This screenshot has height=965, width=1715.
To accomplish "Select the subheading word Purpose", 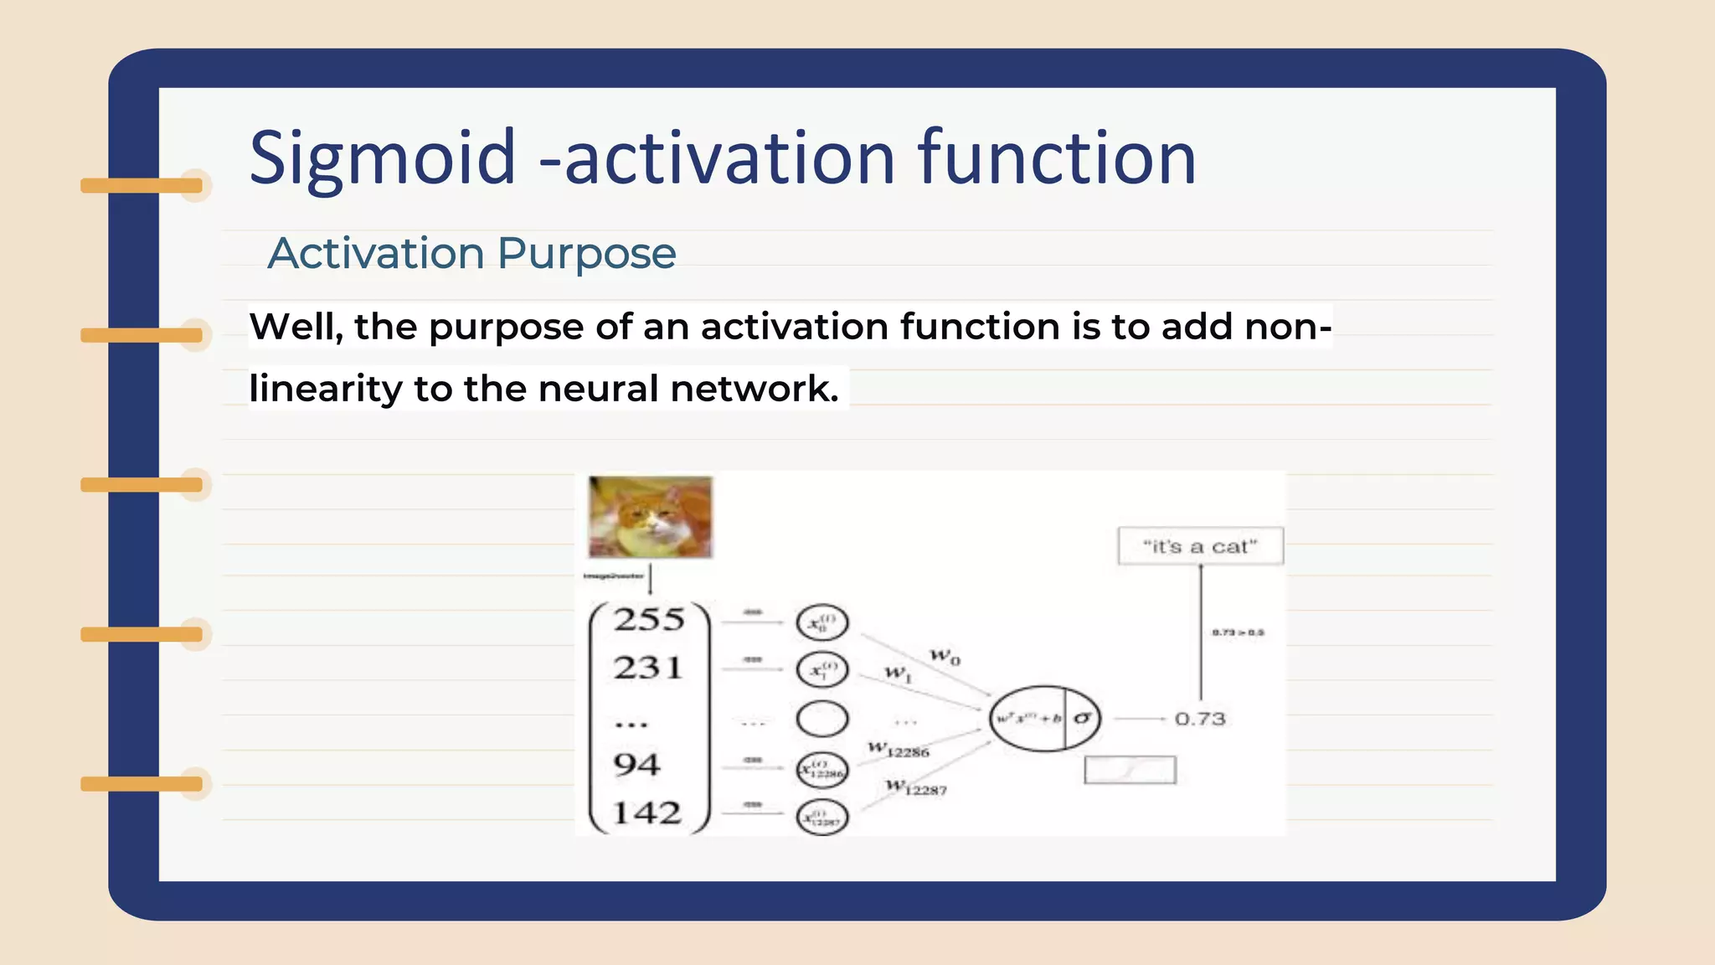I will click(x=586, y=253).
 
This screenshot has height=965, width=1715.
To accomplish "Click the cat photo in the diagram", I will click(x=650, y=517).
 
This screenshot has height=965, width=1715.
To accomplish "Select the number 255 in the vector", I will click(x=649, y=620).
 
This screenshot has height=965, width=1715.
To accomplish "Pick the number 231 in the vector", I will click(x=648, y=668).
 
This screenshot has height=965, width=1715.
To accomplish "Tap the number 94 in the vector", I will click(x=636, y=765).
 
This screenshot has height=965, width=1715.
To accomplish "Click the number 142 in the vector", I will click(x=646, y=813).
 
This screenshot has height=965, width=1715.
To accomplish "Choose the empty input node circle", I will click(x=822, y=719).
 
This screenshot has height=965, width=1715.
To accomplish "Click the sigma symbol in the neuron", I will click(x=1083, y=718).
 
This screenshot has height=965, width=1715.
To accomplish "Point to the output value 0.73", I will click(x=1199, y=719).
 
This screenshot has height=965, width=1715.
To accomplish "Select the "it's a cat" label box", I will click(x=1200, y=546).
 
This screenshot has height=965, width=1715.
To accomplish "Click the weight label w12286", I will click(x=899, y=749).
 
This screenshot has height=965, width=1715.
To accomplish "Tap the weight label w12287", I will click(x=916, y=787).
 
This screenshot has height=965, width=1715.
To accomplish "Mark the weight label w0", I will click(x=945, y=656).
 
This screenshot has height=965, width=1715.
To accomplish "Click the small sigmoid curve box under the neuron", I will click(x=1130, y=770).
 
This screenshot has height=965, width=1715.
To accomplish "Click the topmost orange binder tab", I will click(x=142, y=185).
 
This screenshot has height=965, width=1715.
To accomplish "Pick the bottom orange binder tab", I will click(x=142, y=784).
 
